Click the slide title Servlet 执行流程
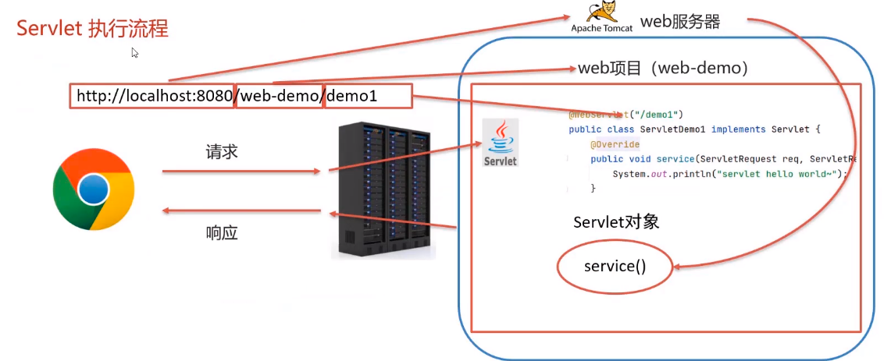pyautogui.click(x=93, y=29)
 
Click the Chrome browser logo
pyautogui.click(x=94, y=190)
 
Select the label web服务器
pyautogui.click(x=679, y=22)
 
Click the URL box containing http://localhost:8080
pyautogui.click(x=152, y=96)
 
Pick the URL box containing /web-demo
pyautogui.click(x=280, y=96)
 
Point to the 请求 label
pyautogui.click(x=222, y=152)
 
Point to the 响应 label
pyautogui.click(x=222, y=232)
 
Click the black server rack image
pyautogui.click(x=383, y=190)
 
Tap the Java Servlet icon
pyautogui.click(x=501, y=142)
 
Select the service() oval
pyautogui.click(x=615, y=267)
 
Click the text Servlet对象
pyautogui.click(x=616, y=222)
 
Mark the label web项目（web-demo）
pyautogui.click(x=663, y=69)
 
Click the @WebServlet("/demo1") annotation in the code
pyautogui.click(x=626, y=114)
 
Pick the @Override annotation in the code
pyautogui.click(x=615, y=144)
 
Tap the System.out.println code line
pyautogui.click(x=729, y=173)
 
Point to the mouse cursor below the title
pyautogui.click(x=134, y=53)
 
